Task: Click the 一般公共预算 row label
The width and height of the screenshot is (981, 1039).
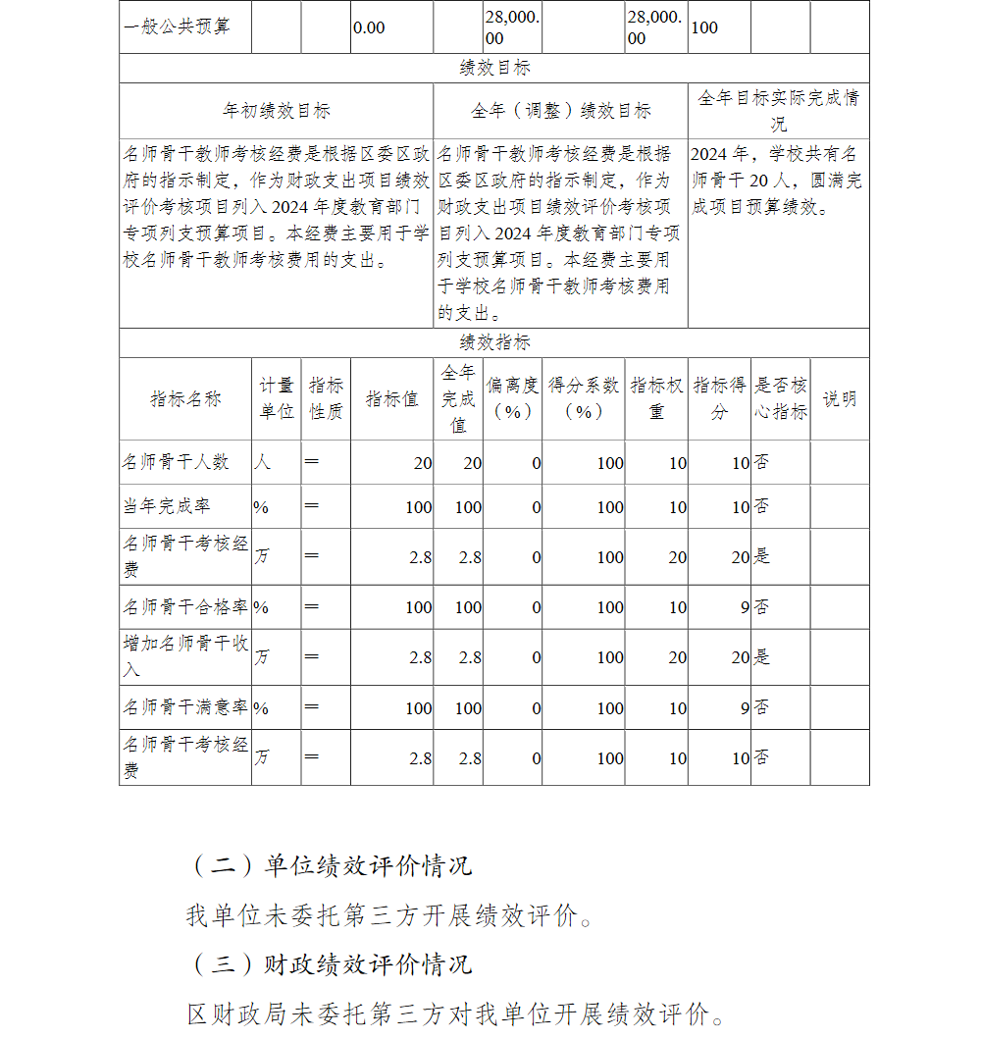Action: pos(178,27)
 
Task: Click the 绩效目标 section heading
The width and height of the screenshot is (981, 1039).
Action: pos(494,68)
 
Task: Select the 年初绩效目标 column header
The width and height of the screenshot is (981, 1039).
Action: pos(277,111)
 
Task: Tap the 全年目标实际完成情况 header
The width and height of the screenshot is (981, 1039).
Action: pos(778,111)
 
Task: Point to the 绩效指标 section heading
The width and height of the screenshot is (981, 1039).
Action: pos(494,342)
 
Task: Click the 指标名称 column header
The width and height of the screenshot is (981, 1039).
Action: pos(185,399)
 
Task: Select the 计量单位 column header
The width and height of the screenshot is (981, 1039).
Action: pos(277,399)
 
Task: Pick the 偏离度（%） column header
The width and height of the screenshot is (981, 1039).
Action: pos(512,399)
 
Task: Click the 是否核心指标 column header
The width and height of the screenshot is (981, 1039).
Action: pos(780,399)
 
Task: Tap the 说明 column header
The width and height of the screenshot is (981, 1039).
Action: pos(839,399)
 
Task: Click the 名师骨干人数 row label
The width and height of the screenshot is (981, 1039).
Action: pos(176,462)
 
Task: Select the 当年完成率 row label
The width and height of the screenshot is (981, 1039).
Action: pos(167,506)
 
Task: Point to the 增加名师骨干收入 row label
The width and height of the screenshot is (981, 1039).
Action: pos(184,656)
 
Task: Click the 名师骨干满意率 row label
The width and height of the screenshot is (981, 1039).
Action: pos(184,707)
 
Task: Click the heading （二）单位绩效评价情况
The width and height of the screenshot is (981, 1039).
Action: pos(331,865)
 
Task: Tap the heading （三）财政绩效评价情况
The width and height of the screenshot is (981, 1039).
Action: pos(331,963)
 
